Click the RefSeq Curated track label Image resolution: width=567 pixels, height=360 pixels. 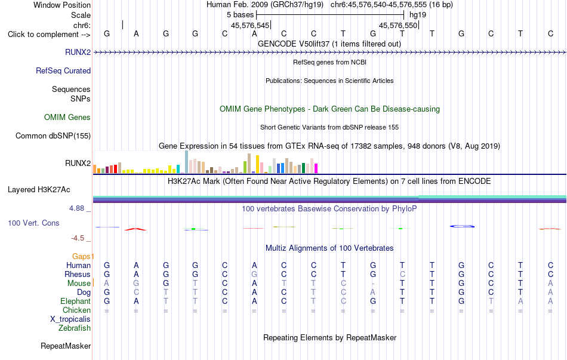pos(63,70)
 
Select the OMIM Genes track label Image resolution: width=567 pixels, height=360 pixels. pos(67,117)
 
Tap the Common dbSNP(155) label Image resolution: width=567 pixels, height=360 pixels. pos(53,136)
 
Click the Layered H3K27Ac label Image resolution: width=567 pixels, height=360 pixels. pos(39,190)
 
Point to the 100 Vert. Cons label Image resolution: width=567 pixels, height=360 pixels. pos(33,223)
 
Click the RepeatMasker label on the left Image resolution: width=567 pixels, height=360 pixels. pos(66,346)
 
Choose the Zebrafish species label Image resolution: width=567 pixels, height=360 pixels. pos(75,328)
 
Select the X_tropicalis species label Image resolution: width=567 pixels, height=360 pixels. pos(70,319)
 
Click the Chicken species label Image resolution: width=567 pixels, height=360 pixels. pos(76,310)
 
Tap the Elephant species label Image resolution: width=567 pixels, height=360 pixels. pos(76,301)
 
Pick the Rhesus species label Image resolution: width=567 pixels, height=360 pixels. pos(78,274)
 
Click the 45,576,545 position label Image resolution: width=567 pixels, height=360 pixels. pos(250,25)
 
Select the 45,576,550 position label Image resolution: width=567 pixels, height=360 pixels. pos(398,25)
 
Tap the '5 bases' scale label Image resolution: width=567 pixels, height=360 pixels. pos(241,15)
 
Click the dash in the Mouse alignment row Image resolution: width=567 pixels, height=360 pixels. pos(373,284)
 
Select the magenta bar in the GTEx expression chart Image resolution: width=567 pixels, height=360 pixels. pos(316,168)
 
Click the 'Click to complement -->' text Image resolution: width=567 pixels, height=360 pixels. pos(49,35)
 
